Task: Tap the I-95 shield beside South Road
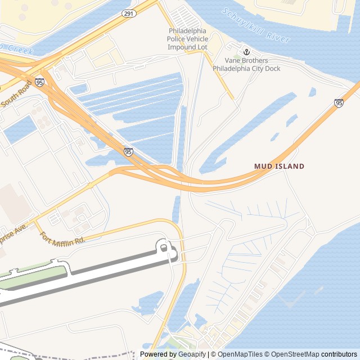pyautogui.click(x=39, y=82)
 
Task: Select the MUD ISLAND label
pyautogui.click(x=279, y=166)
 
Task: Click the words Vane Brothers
pyautogui.click(x=246, y=61)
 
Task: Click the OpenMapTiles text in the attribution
pyautogui.click(x=241, y=354)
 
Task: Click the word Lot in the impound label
pyautogui.click(x=201, y=47)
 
